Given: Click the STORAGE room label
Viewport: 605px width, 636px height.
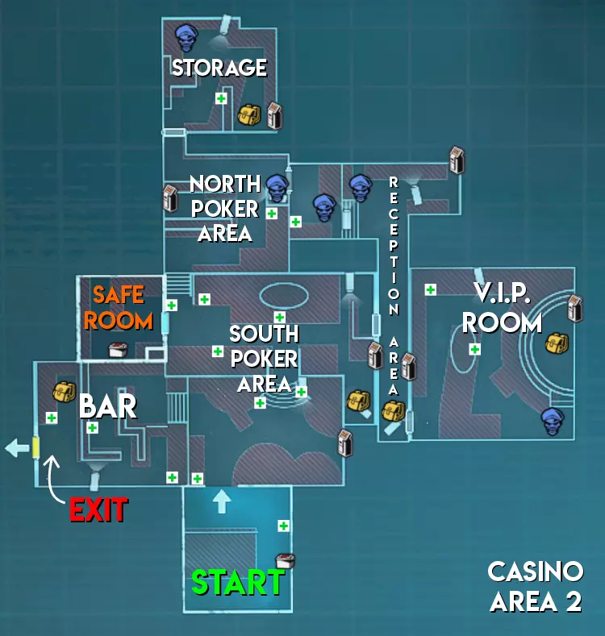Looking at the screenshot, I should (219, 67).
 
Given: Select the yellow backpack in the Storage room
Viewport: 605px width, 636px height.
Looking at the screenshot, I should (248, 114).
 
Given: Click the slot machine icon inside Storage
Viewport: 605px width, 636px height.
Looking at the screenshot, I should (274, 115).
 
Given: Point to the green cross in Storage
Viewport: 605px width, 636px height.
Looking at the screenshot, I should (220, 98).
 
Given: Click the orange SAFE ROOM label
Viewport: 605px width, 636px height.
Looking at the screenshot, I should (119, 307).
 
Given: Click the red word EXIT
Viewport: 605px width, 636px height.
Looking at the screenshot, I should (98, 509).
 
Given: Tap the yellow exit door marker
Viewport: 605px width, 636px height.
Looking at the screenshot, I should (35, 447).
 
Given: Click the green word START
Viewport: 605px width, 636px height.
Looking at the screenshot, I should (237, 583).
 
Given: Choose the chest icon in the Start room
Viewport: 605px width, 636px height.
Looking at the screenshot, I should (283, 559).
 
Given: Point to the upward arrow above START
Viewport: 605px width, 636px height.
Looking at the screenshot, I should (221, 501).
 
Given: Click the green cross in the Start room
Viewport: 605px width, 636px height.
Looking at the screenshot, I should (284, 526).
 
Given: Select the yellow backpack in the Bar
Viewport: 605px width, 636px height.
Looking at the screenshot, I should (64, 393).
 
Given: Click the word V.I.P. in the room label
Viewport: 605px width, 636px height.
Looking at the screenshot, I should (501, 294).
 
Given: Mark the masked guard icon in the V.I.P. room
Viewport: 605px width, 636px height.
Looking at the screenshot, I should (553, 420).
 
